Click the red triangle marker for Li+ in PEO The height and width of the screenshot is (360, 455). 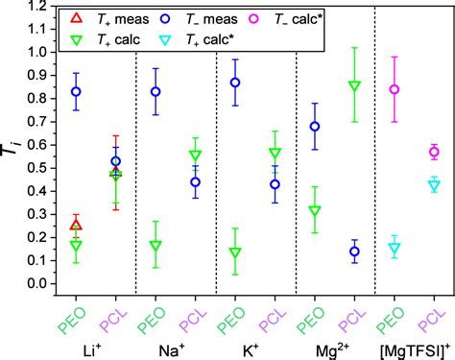click(x=76, y=225)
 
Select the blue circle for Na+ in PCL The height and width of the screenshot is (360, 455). click(x=196, y=182)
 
